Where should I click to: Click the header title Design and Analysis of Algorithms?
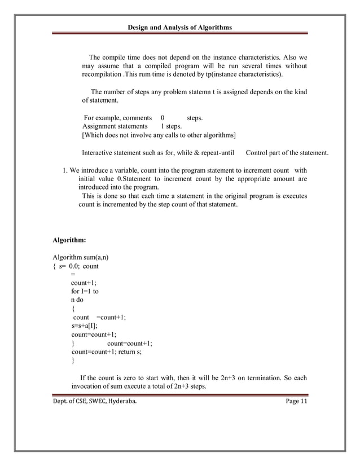[179, 27]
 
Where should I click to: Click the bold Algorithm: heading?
[69, 240]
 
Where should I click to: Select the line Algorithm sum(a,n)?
[81, 257]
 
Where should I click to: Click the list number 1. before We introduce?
[65, 170]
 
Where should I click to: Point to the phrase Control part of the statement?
[287, 153]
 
